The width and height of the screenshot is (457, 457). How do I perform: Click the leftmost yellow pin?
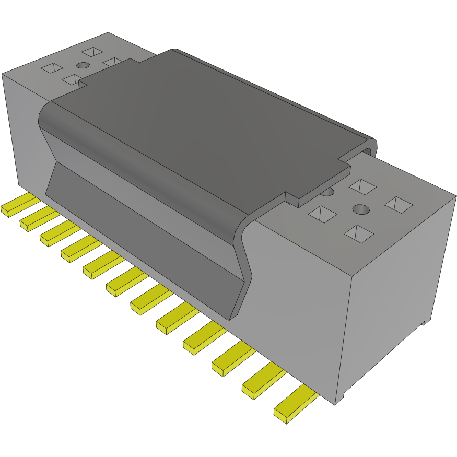pyautogui.click(x=16, y=206)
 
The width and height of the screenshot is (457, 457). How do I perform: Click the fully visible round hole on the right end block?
pyautogui.click(x=360, y=209)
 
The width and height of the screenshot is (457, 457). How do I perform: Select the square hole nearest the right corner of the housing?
pyautogui.click(x=399, y=204)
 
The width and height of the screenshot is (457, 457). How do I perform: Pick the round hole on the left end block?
pyautogui.click(x=83, y=65)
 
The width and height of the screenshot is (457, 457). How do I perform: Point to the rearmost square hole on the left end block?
pyautogui.click(x=92, y=52)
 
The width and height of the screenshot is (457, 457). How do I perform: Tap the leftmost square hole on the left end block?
pyautogui.click(x=52, y=68)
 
